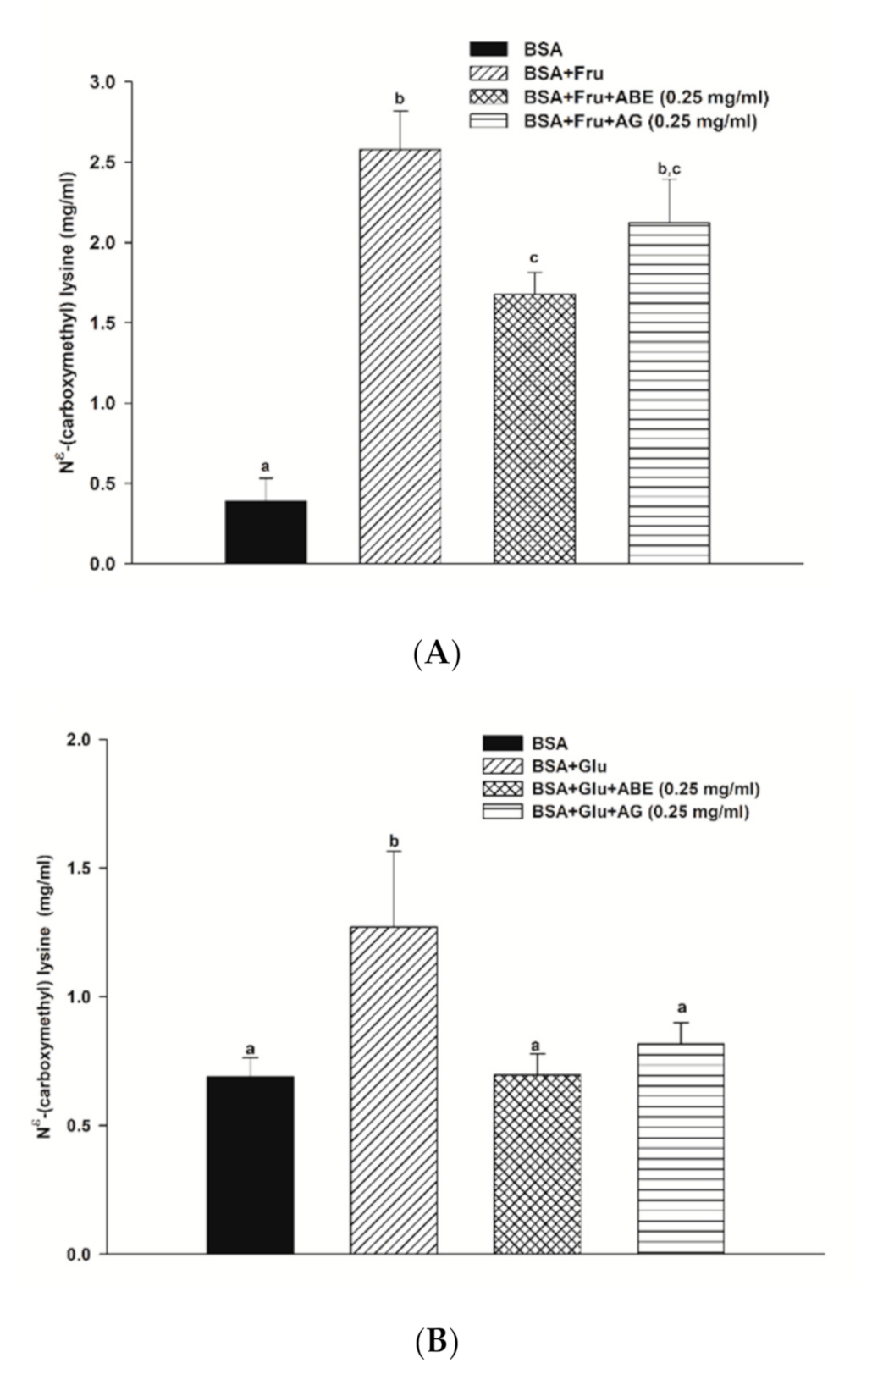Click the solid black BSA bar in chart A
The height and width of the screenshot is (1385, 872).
pos(266,532)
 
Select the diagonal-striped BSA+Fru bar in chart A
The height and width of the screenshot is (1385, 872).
pos(400,356)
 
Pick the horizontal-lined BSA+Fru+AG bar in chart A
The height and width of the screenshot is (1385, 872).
pos(669,393)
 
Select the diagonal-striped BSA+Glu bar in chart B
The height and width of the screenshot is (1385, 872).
pos(394,1090)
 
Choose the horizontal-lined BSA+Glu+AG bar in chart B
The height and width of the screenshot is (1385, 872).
pos(681,1148)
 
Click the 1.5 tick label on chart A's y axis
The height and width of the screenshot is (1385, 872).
pos(108,323)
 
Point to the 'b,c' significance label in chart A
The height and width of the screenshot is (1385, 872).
pos(669,168)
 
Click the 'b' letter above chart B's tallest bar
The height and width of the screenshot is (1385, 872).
pos(394,841)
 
